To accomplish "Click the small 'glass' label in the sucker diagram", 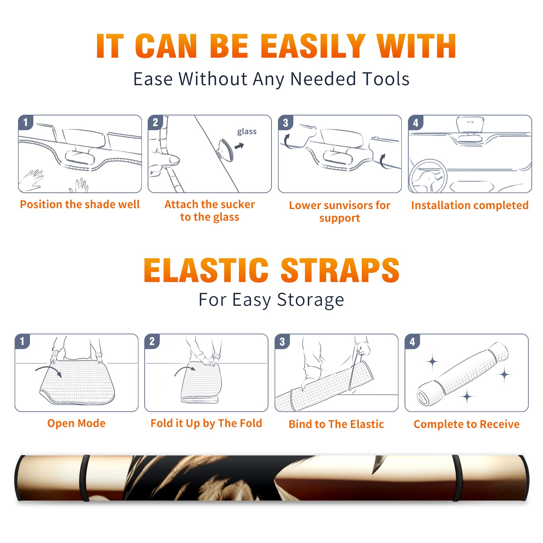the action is click(247, 132).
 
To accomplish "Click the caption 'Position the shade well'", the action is click(80, 204).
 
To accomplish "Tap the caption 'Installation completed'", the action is click(470, 205).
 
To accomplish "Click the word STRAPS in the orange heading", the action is click(340, 270).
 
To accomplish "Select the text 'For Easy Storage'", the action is click(271, 300).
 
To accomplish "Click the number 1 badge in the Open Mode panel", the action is click(22, 341).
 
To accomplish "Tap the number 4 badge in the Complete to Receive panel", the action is click(412, 341).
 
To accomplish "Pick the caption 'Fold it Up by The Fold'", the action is click(206, 423).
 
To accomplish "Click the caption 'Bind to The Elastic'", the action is click(336, 424).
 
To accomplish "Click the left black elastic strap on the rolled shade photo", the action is click(85, 478).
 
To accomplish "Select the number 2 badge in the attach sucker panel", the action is click(155, 123).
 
